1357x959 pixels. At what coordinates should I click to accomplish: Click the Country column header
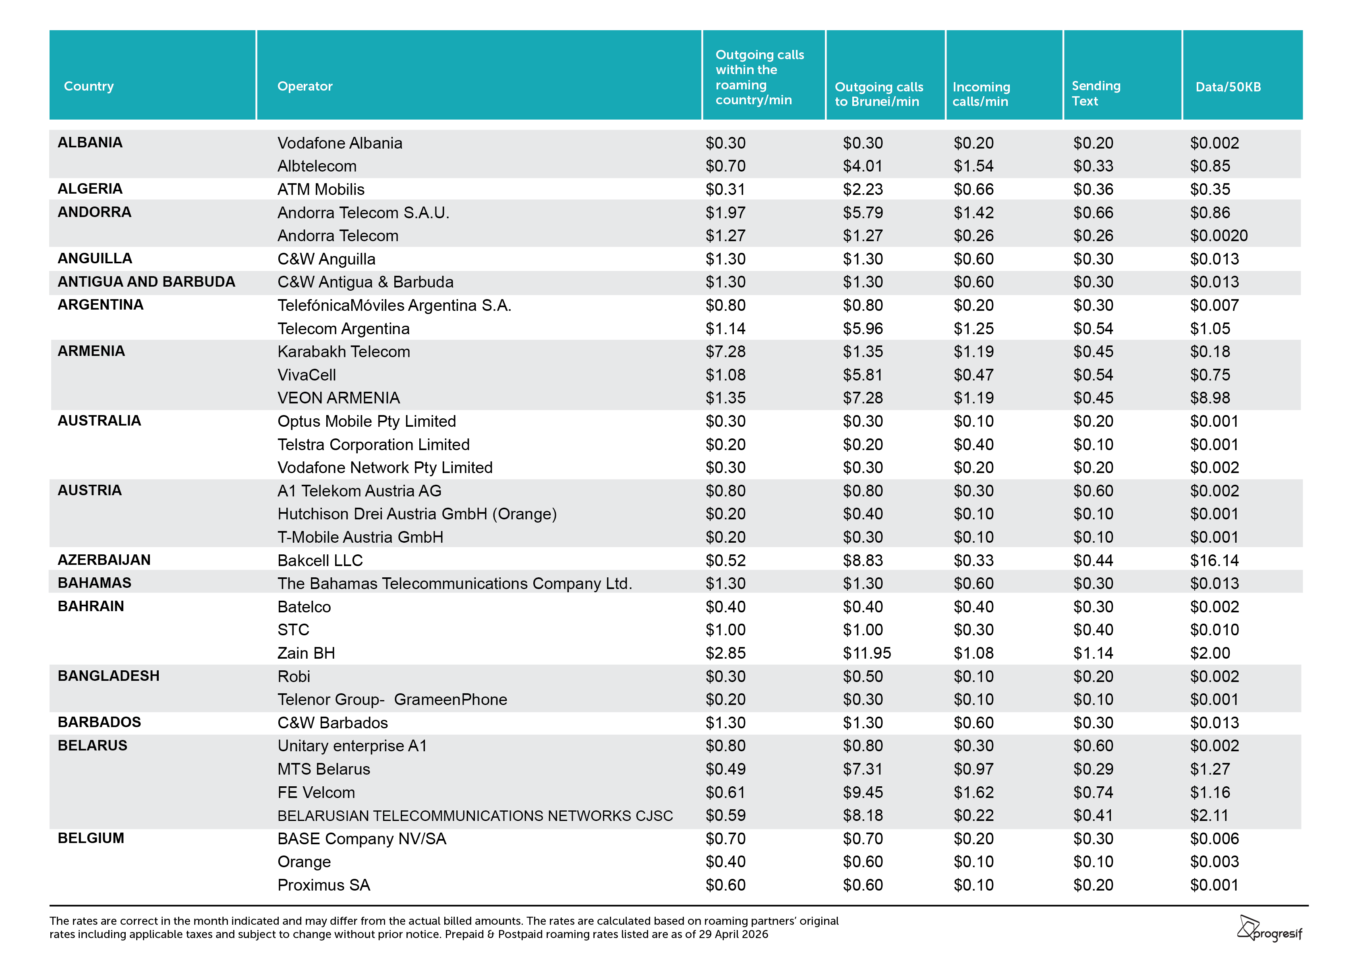(x=89, y=86)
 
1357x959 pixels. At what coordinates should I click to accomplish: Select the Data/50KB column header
(x=1228, y=87)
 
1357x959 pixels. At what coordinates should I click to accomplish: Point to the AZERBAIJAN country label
(x=104, y=560)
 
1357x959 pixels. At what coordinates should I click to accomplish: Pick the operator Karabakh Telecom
(x=344, y=351)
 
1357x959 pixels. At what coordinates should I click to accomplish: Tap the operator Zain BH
(x=306, y=653)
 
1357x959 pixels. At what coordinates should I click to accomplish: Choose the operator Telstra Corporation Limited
(x=373, y=444)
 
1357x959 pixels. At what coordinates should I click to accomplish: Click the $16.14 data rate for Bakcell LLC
(x=1214, y=560)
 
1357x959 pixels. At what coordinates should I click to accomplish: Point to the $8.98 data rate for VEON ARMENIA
(x=1210, y=398)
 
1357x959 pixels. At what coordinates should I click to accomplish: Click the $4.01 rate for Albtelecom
(x=862, y=166)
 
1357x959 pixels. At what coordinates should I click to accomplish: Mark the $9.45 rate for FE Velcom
(x=862, y=792)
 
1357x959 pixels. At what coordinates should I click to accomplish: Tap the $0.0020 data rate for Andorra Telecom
(x=1219, y=236)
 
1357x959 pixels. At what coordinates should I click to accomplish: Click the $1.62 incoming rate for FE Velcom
(x=974, y=792)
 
